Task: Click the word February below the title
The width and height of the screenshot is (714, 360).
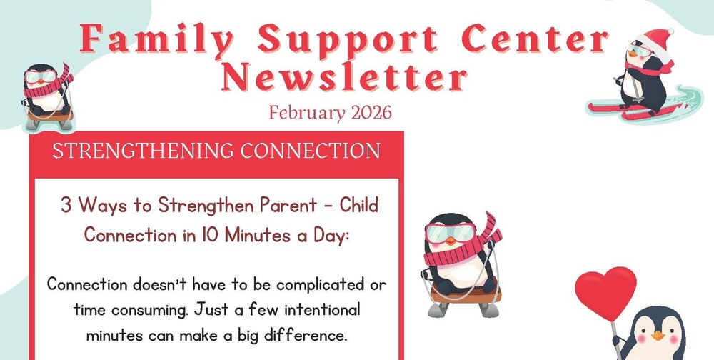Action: pos(299,114)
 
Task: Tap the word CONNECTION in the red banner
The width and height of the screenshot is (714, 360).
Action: pos(311,151)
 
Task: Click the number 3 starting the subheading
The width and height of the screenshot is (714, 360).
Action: pos(66,206)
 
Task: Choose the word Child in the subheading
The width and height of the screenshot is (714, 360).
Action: pos(358,206)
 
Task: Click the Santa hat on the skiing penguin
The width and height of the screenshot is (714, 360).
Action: pos(657,39)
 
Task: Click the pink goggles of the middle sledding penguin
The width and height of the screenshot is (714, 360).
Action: pos(447,233)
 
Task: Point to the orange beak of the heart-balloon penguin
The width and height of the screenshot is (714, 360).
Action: pos(657,335)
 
